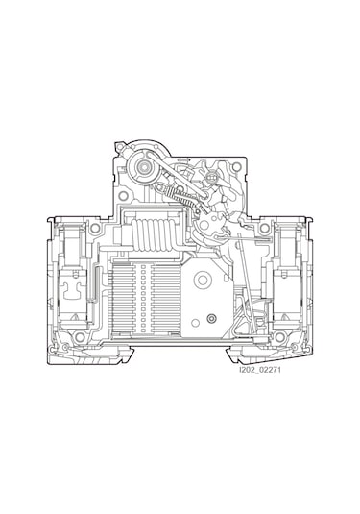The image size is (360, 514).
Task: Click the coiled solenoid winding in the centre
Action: click(x=155, y=234)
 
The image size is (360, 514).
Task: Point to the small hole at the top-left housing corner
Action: click(x=118, y=148)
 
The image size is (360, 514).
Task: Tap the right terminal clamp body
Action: click(x=286, y=288)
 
